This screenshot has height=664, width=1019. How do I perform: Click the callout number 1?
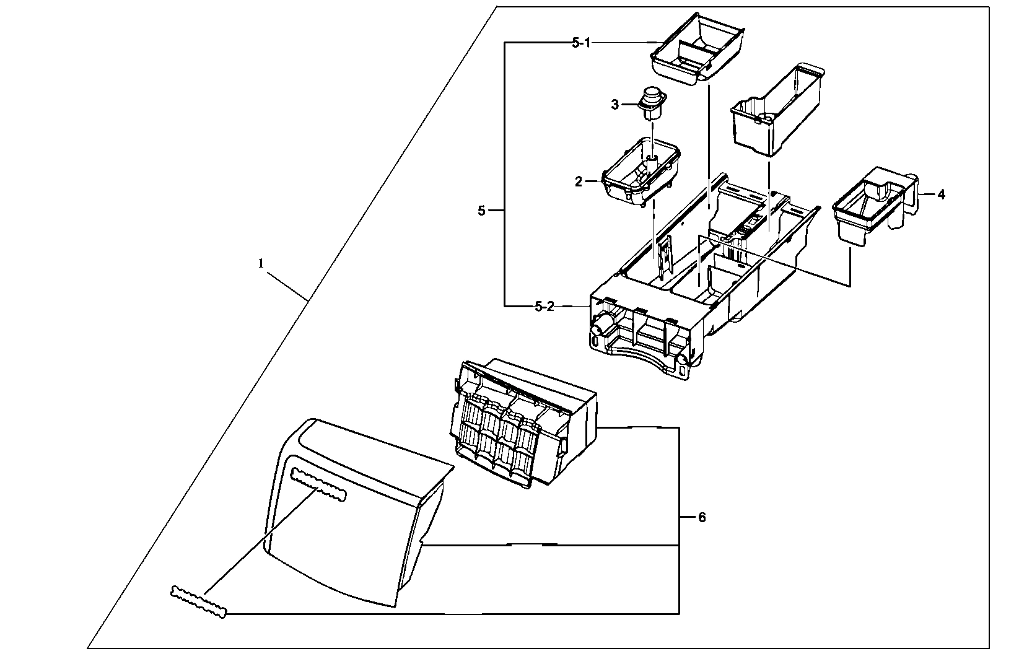261,263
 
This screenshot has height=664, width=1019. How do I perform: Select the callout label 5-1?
581,42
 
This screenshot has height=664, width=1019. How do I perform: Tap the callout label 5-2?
544,307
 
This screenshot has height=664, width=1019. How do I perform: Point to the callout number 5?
482,211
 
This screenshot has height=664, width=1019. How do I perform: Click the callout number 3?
614,105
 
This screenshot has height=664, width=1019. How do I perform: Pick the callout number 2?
579,181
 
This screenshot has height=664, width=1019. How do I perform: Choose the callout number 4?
941,194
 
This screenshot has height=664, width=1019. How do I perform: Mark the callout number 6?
701,517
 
